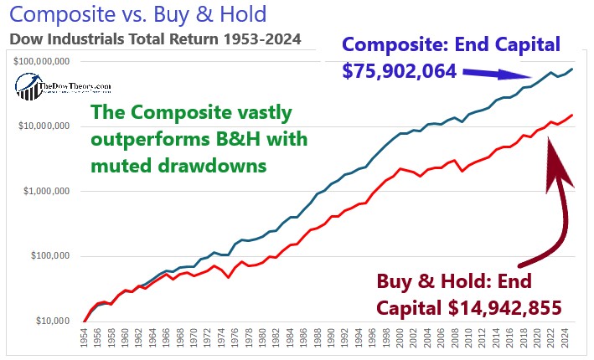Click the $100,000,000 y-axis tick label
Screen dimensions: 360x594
click(41, 62)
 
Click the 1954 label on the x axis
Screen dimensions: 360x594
click(85, 339)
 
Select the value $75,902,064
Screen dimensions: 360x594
click(398, 71)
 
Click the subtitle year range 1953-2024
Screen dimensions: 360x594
click(261, 39)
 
